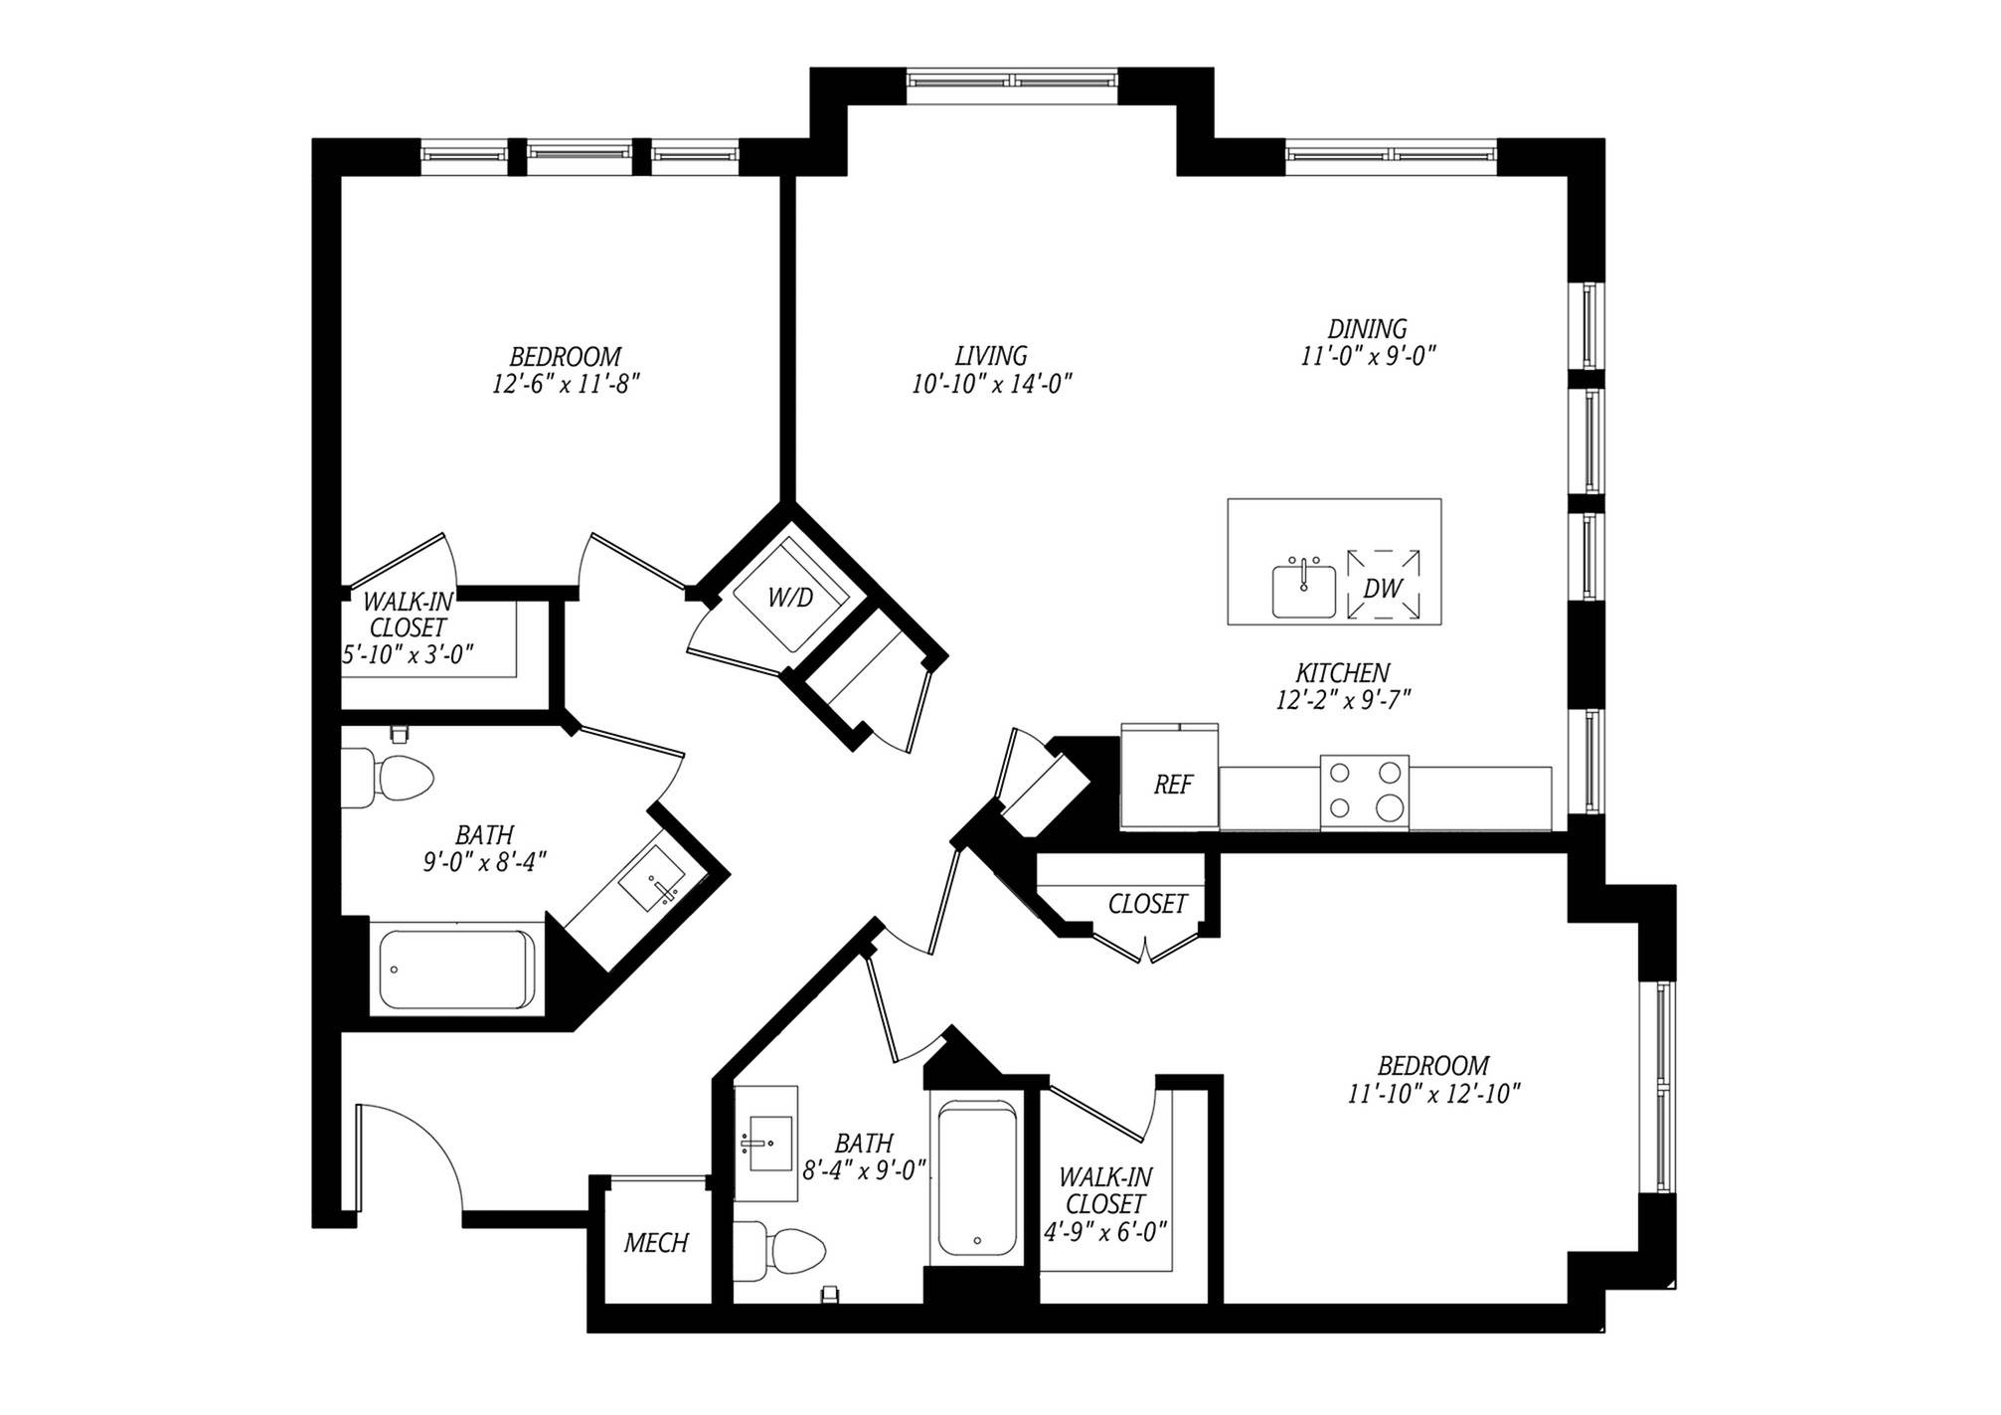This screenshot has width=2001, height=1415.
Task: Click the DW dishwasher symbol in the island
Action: coord(1383,588)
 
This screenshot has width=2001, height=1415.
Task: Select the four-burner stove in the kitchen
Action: coord(1364,792)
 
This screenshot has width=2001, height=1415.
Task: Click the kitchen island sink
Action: coord(1304,591)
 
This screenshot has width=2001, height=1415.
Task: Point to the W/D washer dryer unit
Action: coord(790,598)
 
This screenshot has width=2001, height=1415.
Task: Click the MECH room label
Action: coord(656,1243)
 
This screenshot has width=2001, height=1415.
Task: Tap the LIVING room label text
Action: coord(991,355)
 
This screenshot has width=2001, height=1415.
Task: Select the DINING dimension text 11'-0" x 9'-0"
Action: coord(1369,356)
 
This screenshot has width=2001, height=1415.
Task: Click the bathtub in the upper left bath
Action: coord(456,969)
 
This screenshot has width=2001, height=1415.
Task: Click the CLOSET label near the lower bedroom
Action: coord(1147,904)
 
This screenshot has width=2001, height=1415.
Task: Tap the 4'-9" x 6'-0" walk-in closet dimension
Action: coord(1104,1231)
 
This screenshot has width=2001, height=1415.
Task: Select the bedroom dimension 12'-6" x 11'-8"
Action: coord(565,384)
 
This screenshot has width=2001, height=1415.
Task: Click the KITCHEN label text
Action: coord(1342,673)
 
